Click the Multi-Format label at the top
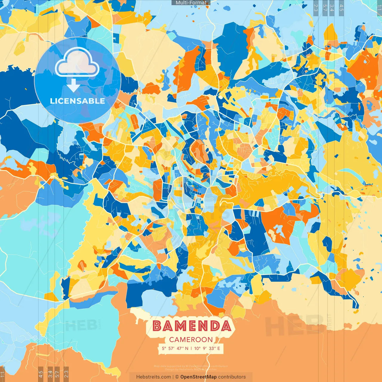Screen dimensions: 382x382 [191, 3]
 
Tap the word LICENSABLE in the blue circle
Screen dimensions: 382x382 [77, 101]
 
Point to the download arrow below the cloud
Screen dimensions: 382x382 [73, 85]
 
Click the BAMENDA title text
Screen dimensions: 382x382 [192, 326]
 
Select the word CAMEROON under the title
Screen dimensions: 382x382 [191, 340]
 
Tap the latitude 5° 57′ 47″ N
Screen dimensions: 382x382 [175, 348]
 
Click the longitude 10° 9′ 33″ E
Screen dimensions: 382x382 [207, 348]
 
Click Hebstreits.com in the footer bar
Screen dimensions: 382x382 [154, 377]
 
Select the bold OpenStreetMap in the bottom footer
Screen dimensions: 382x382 [198, 377]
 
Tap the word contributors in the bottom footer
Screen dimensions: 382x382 [232, 377]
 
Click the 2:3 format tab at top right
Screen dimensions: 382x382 [316, 7]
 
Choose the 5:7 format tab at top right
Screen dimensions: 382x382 [325, 7]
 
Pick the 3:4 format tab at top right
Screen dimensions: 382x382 [332, 7]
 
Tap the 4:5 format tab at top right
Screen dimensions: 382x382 [341, 7]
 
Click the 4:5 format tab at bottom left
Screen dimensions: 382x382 [41, 374]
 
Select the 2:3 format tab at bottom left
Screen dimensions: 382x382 [66, 374]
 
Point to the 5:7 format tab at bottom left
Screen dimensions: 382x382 [57, 374]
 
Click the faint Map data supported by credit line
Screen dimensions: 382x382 [190, 366]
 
